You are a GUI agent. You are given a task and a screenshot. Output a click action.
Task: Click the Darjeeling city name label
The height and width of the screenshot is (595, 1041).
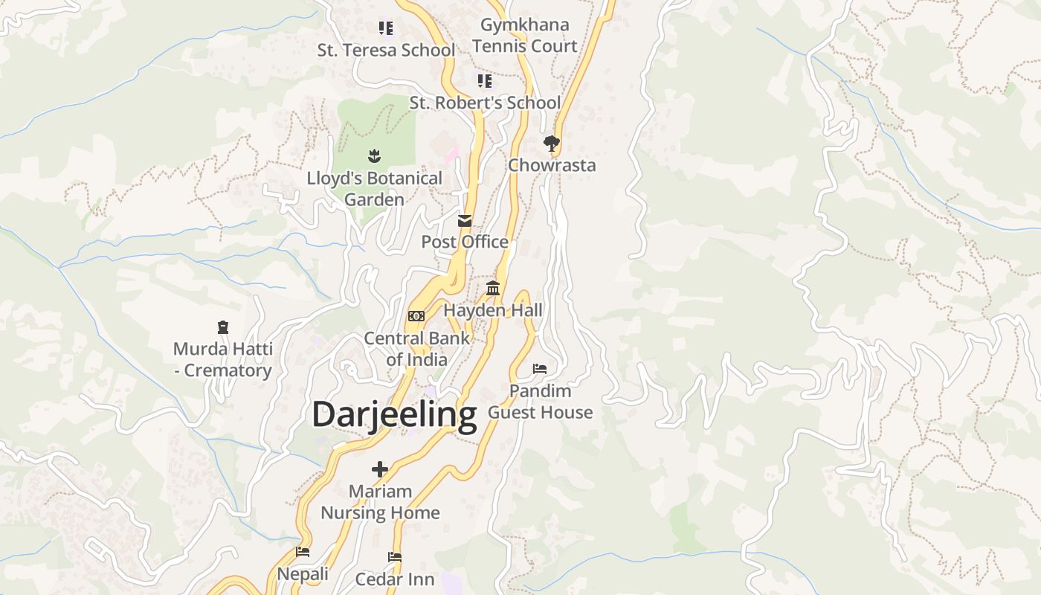click(394, 415)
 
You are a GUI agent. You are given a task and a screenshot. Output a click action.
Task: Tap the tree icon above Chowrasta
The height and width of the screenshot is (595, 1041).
click(551, 144)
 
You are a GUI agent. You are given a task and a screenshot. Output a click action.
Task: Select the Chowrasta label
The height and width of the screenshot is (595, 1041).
click(552, 165)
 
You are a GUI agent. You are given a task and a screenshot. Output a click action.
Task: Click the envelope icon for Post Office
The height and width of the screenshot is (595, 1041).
click(465, 220)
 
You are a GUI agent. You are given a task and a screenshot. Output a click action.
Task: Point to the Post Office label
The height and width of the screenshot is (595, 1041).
click(465, 242)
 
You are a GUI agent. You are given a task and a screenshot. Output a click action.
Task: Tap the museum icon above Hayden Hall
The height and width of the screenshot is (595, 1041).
click(493, 288)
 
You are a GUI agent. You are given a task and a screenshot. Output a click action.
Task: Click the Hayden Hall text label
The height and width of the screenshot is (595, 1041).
click(493, 310)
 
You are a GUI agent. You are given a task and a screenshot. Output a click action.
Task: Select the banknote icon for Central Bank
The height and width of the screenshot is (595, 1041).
click(416, 316)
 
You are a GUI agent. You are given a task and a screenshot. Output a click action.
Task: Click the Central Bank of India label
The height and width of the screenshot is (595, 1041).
click(416, 349)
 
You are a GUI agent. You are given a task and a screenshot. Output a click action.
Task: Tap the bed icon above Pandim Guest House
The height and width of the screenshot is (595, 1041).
click(540, 369)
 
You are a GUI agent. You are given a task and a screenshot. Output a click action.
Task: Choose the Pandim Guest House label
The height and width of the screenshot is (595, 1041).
click(540, 402)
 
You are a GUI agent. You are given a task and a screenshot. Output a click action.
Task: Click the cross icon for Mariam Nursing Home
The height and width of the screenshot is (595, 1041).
click(380, 469)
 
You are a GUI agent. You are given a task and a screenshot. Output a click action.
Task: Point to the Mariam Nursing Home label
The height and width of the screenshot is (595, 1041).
click(380, 502)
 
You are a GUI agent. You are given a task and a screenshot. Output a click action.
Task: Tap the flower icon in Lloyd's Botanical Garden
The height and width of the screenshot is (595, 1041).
click(374, 155)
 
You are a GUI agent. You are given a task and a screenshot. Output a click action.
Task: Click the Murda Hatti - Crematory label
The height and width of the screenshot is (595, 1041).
click(223, 359)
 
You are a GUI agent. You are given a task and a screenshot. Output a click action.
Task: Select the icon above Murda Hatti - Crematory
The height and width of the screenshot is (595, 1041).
click(223, 327)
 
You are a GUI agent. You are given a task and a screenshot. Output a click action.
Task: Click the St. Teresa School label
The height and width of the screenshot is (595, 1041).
click(386, 51)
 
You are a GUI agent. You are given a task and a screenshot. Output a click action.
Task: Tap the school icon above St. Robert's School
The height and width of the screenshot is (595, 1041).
click(485, 80)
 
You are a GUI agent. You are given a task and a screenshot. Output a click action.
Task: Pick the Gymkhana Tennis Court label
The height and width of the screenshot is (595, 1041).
click(524, 35)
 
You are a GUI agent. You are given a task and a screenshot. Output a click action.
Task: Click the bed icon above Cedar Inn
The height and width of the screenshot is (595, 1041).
click(395, 557)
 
